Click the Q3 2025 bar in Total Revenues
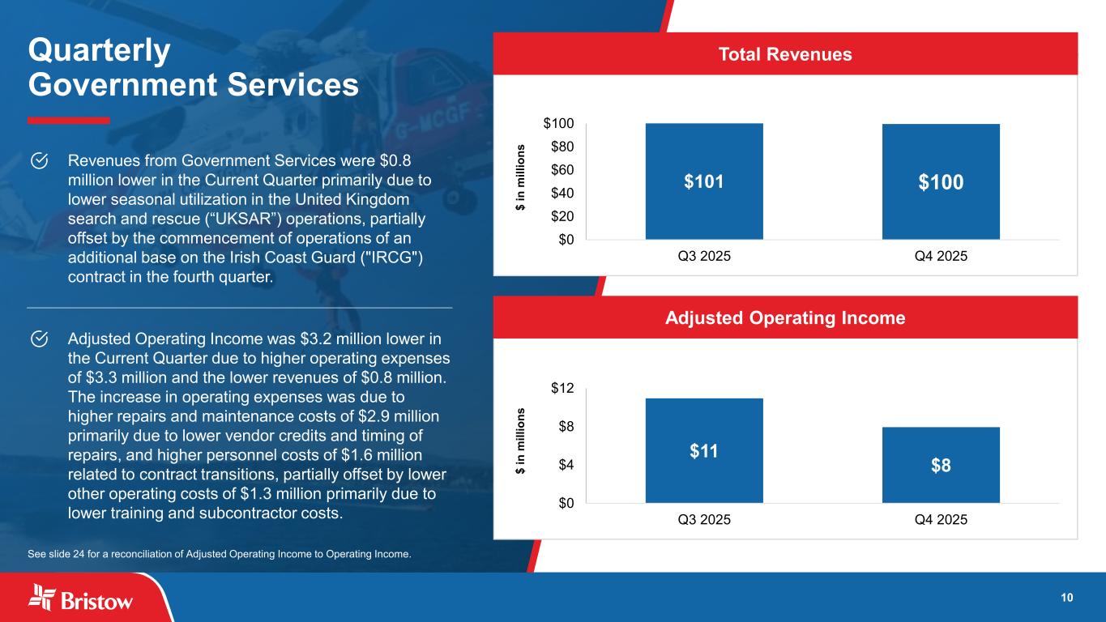(703, 181)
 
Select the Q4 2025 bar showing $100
(940, 181)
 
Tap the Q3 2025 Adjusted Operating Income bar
(703, 450)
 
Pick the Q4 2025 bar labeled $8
(940, 465)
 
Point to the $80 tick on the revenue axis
(558, 147)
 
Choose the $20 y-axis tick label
(558, 216)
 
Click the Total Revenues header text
(784, 54)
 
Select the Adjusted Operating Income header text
(784, 318)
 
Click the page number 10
(1066, 598)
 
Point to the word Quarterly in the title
(99, 51)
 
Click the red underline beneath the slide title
(68, 121)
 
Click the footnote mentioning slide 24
(219, 555)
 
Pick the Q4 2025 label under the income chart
(940, 519)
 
